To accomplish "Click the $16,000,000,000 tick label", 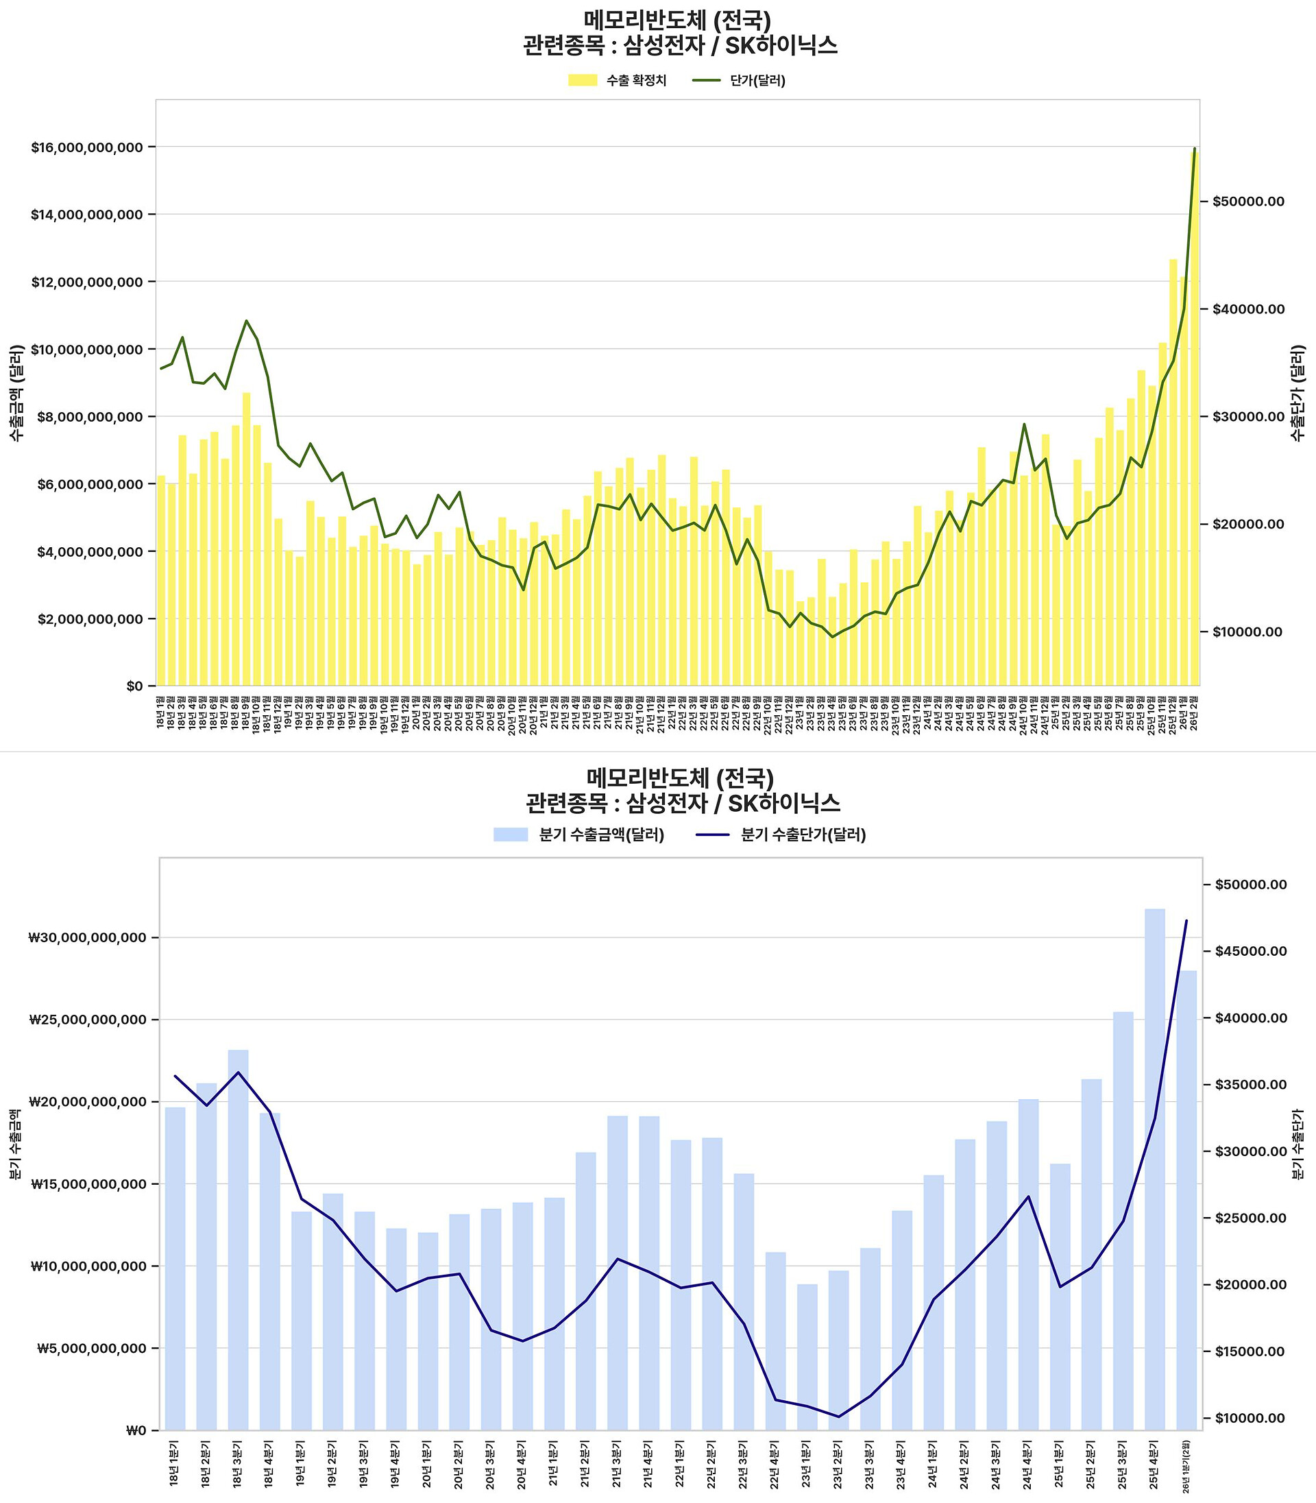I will point(86,147).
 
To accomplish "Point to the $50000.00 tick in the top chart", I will point(1248,202).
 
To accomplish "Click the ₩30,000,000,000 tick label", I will point(88,937).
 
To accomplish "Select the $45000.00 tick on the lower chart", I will point(1251,951).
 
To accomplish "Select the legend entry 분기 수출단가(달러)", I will point(803,834).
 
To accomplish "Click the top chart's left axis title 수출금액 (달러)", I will point(17,392).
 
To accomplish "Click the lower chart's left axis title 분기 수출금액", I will point(15,1144).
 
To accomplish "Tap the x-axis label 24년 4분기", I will point(1028,1463).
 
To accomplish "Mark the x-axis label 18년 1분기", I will point(175,1463).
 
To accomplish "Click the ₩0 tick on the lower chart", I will point(136,1430).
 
